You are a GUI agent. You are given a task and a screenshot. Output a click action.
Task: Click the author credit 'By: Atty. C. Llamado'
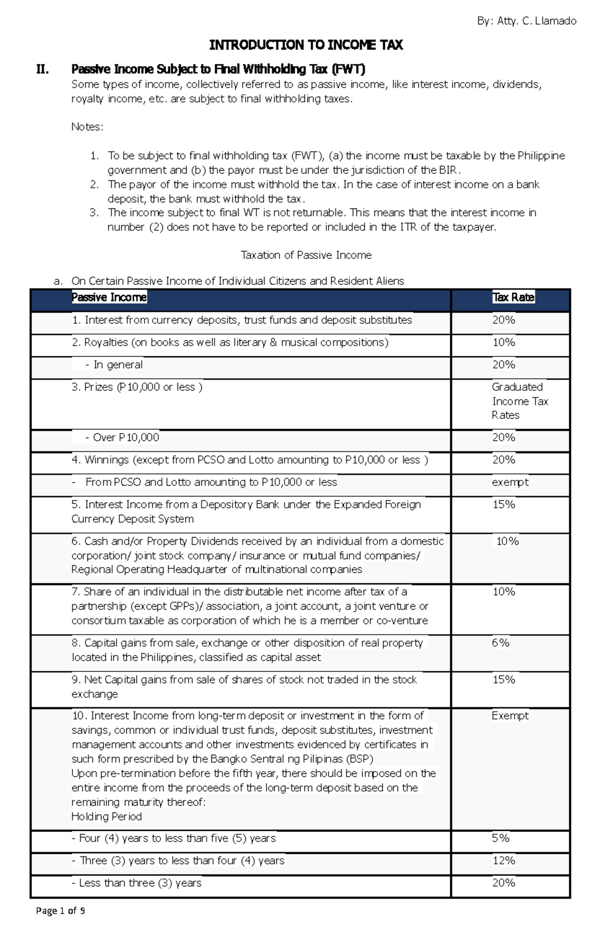tap(526, 21)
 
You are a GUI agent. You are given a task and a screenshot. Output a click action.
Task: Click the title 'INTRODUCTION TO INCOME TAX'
tap(306, 45)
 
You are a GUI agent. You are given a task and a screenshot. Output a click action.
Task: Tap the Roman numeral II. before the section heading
tap(43, 69)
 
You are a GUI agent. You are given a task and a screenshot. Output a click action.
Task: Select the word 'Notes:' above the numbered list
tap(87, 127)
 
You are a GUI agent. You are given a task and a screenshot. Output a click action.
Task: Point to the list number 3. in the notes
tap(93, 212)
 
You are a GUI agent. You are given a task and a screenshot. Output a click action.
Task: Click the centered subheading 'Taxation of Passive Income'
tap(306, 255)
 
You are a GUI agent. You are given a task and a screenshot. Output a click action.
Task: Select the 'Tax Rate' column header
tap(513, 297)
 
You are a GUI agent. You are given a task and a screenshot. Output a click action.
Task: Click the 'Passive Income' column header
tap(109, 297)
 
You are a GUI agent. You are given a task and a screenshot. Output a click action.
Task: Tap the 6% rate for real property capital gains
tap(501, 643)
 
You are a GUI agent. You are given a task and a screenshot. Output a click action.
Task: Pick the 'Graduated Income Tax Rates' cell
tap(520, 401)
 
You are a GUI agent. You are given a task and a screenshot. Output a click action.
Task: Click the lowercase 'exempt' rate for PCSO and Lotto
tap(510, 482)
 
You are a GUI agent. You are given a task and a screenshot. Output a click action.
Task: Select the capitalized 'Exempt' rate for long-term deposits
tap(510, 716)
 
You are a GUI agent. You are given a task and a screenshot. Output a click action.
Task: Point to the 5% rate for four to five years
tap(501, 838)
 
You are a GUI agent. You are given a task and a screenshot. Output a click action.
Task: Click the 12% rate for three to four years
tap(504, 861)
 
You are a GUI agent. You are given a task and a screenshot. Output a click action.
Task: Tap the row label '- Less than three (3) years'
tap(136, 883)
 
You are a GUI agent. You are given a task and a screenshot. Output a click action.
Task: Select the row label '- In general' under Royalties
tap(114, 365)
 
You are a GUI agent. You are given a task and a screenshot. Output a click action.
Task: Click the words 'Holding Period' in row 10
tap(107, 816)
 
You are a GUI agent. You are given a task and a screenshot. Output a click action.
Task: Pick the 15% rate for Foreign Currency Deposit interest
tap(504, 504)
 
